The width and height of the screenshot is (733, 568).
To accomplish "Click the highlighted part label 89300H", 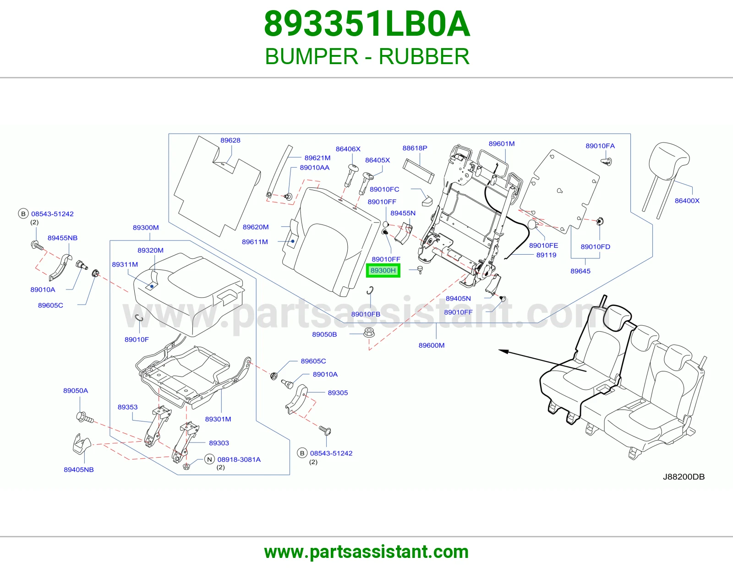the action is (x=383, y=271).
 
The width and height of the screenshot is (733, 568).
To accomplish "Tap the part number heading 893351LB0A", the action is (x=367, y=24).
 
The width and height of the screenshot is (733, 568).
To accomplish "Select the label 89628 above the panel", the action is (x=230, y=140).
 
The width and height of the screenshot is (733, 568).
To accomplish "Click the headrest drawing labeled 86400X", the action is (x=666, y=179).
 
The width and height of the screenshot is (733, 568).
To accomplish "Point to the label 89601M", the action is (x=502, y=144).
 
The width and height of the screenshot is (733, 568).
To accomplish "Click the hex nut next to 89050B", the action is (x=369, y=333).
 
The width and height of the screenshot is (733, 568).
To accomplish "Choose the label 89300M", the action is (x=146, y=228).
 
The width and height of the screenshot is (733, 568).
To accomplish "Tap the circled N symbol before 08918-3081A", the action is (x=209, y=459).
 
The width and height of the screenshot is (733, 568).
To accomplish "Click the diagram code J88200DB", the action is (x=684, y=476).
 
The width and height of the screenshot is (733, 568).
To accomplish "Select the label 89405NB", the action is (x=79, y=470).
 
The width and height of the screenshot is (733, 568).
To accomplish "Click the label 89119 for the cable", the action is (x=546, y=255).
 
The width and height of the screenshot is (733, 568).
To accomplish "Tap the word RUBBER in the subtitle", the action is (x=424, y=56).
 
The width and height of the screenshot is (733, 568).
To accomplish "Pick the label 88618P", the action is (x=415, y=148).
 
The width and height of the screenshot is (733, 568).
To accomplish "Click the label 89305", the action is (x=338, y=393).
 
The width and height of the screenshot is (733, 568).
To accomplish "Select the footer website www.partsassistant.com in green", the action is (x=366, y=552).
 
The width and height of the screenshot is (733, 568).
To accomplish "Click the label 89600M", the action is (x=432, y=345).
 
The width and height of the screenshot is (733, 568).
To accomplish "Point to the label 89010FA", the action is (x=600, y=146).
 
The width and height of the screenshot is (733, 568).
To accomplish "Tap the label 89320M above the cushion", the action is (x=150, y=250).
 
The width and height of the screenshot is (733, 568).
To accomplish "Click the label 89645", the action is (x=580, y=271).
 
